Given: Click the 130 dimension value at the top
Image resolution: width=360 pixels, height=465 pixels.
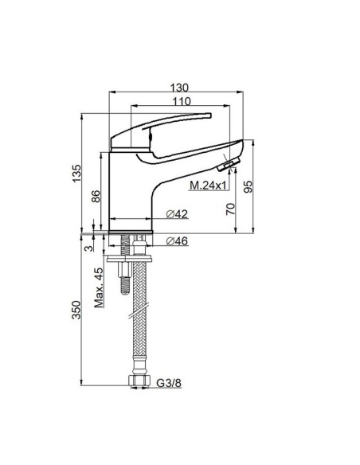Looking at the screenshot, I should pos(179,89).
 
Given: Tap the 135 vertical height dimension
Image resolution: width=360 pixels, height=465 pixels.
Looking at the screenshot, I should pos(77,174).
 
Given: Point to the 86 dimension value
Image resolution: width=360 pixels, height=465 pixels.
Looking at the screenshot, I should pos(96,197).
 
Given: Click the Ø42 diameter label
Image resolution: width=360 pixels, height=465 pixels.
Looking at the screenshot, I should pos(176,215).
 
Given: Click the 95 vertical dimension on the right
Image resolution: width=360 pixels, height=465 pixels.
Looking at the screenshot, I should pos(249,187).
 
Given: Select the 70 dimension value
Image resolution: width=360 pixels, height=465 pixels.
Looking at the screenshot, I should pos(231,209).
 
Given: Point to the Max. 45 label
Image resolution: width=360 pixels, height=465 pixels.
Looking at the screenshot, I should pos(98,291).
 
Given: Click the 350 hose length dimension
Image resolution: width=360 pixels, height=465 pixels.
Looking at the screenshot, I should pos(77,311).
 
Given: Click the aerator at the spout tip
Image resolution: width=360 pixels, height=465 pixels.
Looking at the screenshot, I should pos(229,165).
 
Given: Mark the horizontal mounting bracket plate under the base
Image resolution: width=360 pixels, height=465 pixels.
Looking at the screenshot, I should pos(127,257).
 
